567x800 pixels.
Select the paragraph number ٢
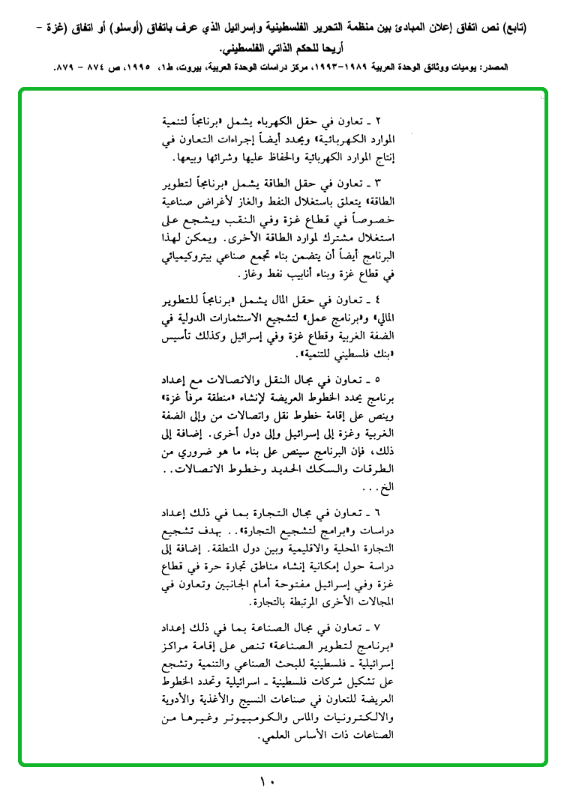(x=379, y=121)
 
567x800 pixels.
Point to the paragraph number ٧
(x=379, y=625)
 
